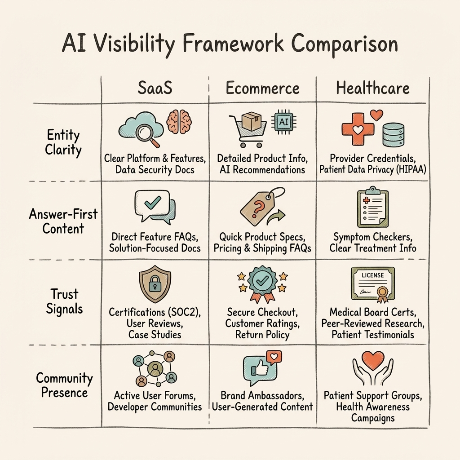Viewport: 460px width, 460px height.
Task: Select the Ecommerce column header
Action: click(x=262, y=88)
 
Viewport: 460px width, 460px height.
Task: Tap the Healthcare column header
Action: click(x=372, y=88)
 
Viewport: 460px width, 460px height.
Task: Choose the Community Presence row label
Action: click(x=64, y=385)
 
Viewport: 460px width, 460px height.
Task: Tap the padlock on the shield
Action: click(x=154, y=285)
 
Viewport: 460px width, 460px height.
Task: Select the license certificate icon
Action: click(x=372, y=284)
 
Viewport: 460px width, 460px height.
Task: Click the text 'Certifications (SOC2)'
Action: click(x=154, y=312)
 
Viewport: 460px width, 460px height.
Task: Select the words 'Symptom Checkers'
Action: click(x=372, y=236)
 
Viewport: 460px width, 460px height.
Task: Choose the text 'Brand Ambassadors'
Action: click(x=262, y=396)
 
